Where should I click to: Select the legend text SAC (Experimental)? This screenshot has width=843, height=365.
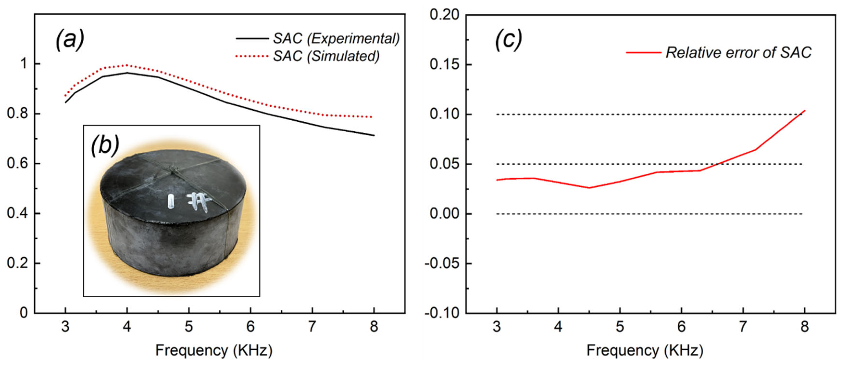336,39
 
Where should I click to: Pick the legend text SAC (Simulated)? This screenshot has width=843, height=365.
326,56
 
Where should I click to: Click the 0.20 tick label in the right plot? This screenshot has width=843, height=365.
444,15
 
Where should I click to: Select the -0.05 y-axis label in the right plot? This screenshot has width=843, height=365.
441,263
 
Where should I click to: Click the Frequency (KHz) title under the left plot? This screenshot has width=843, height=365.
214,350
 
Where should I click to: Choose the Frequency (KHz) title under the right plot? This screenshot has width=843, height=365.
645,350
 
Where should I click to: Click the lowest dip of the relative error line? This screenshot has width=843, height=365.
589,188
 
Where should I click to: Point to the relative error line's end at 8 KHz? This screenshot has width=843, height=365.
804,111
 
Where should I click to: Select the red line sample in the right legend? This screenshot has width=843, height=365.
643,52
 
